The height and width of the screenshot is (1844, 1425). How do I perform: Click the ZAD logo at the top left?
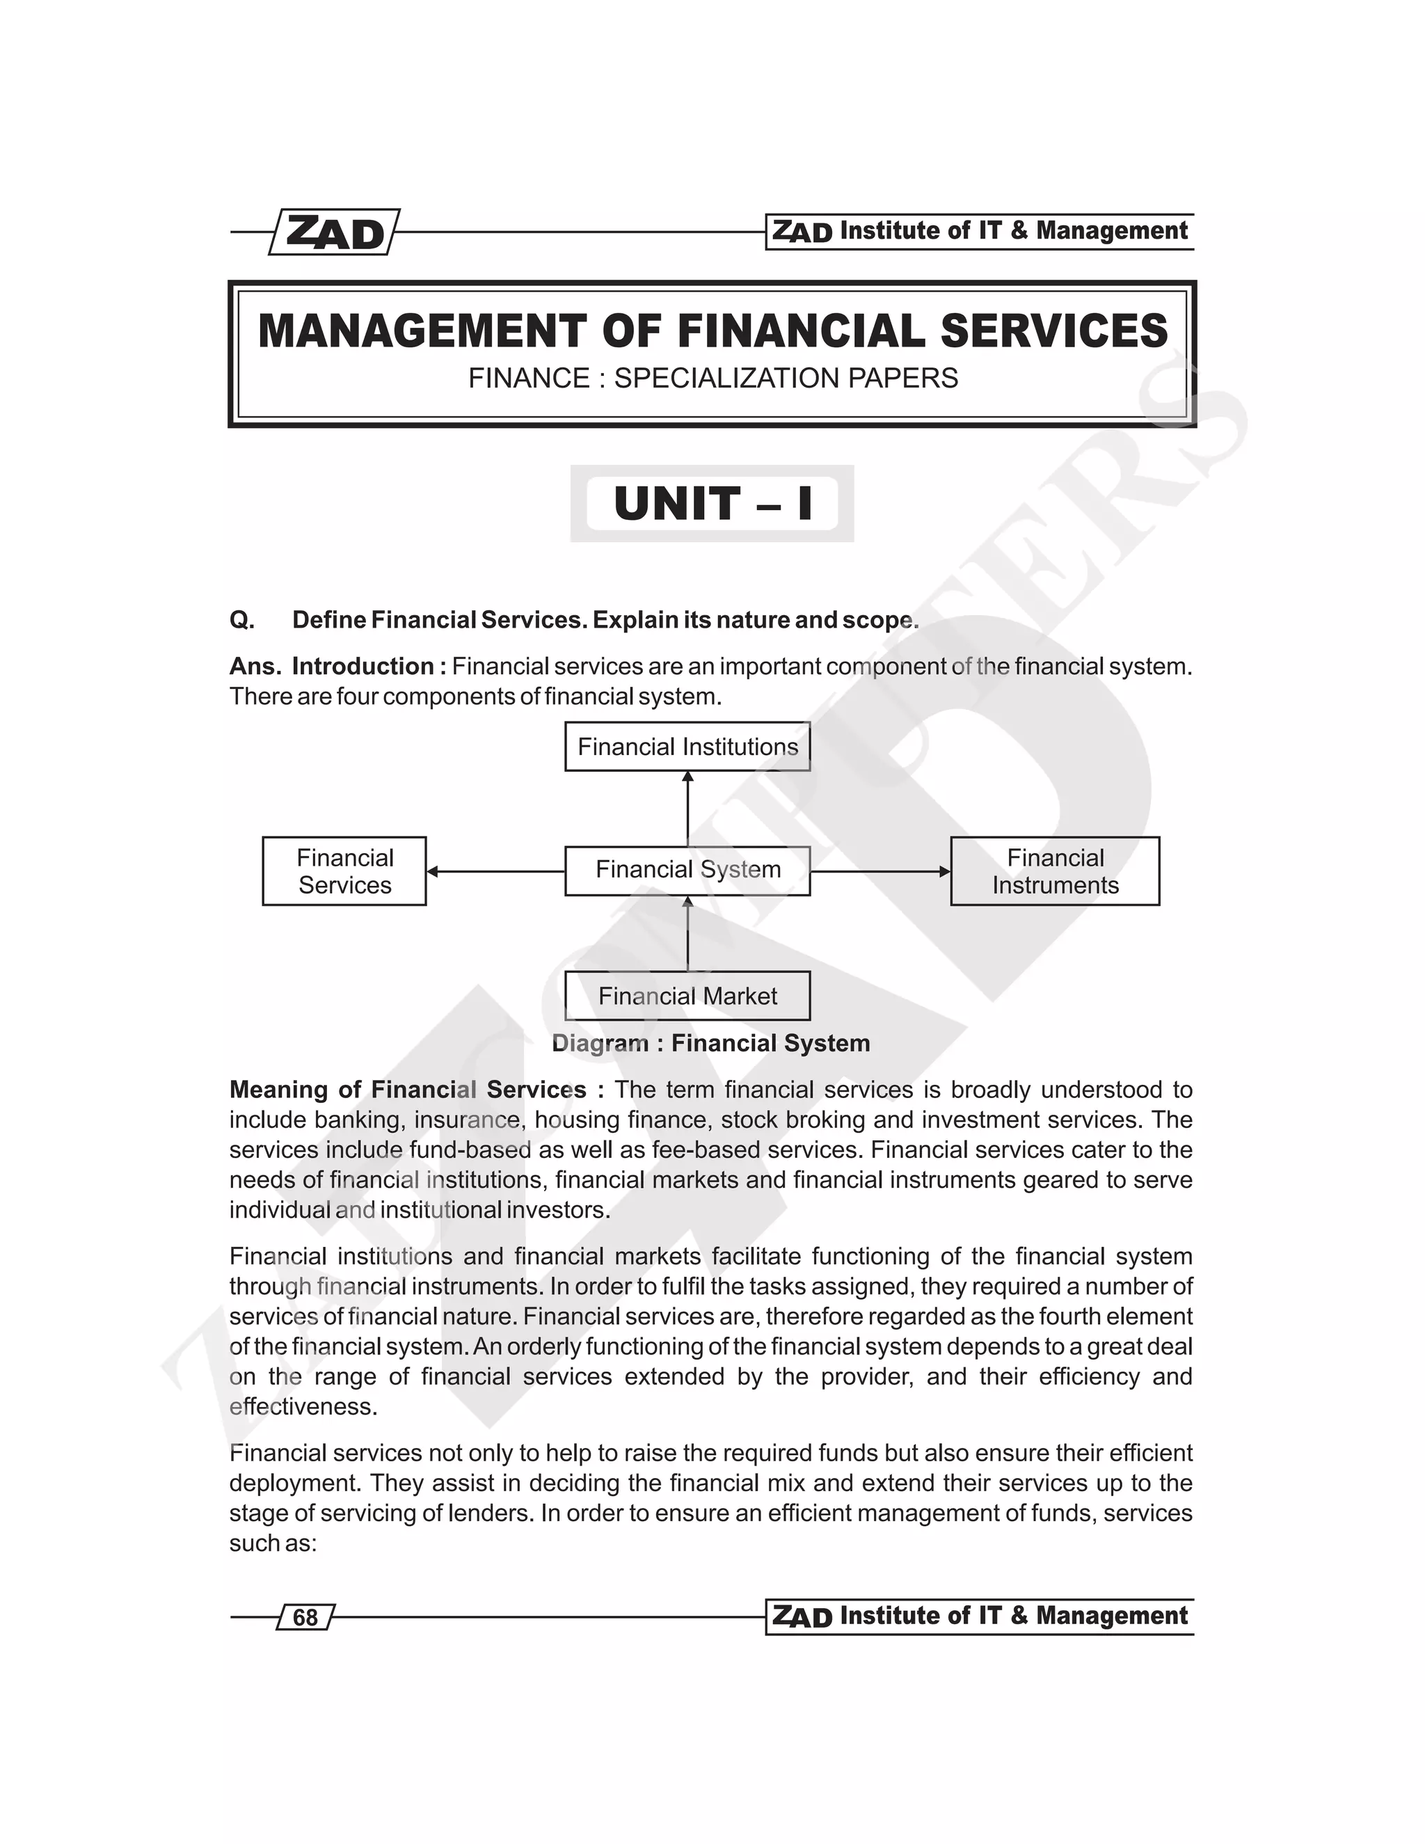[x=334, y=232]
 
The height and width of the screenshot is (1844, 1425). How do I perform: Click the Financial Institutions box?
[x=687, y=747]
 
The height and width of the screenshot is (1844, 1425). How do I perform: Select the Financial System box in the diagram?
[x=687, y=870]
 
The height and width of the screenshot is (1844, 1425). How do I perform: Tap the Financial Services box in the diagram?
[x=344, y=871]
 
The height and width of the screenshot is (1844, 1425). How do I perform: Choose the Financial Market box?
[x=687, y=996]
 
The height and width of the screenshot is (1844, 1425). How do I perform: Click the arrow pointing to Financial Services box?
[x=495, y=871]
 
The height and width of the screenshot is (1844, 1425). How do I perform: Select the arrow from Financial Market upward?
[x=688, y=933]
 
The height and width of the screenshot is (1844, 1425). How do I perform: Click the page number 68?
[x=305, y=1617]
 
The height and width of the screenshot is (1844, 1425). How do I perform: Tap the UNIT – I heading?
[x=712, y=503]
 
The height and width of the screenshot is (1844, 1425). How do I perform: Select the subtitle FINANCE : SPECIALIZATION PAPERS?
[x=712, y=379]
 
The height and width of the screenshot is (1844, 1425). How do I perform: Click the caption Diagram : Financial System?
[x=711, y=1043]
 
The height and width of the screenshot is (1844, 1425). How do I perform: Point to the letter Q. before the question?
[x=241, y=620]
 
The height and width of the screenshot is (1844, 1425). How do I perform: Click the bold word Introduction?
[x=363, y=666]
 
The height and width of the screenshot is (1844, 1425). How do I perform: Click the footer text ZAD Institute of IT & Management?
[x=979, y=1616]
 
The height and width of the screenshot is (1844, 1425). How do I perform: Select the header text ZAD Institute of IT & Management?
[x=979, y=231]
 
